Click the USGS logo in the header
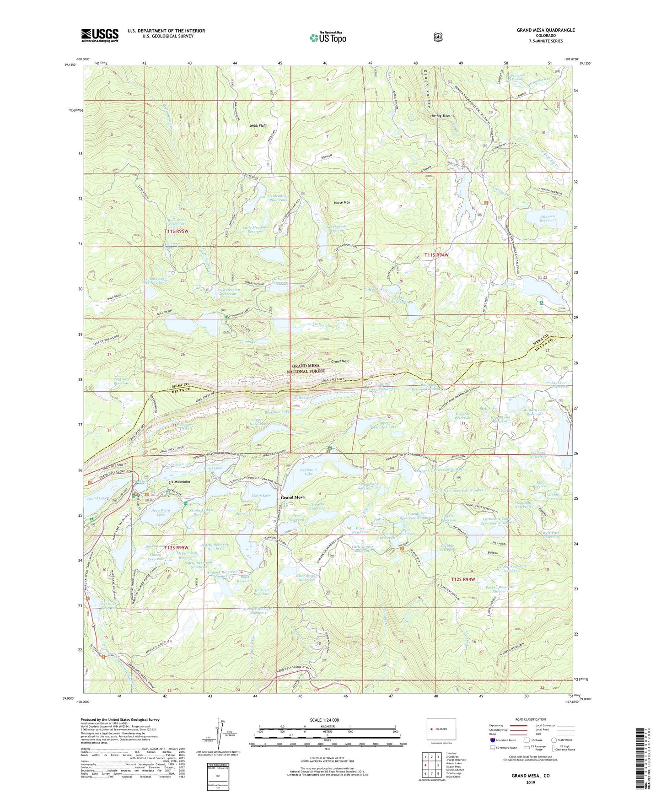coord(100,35)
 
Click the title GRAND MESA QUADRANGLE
coord(545,30)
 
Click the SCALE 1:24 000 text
coord(324,720)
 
